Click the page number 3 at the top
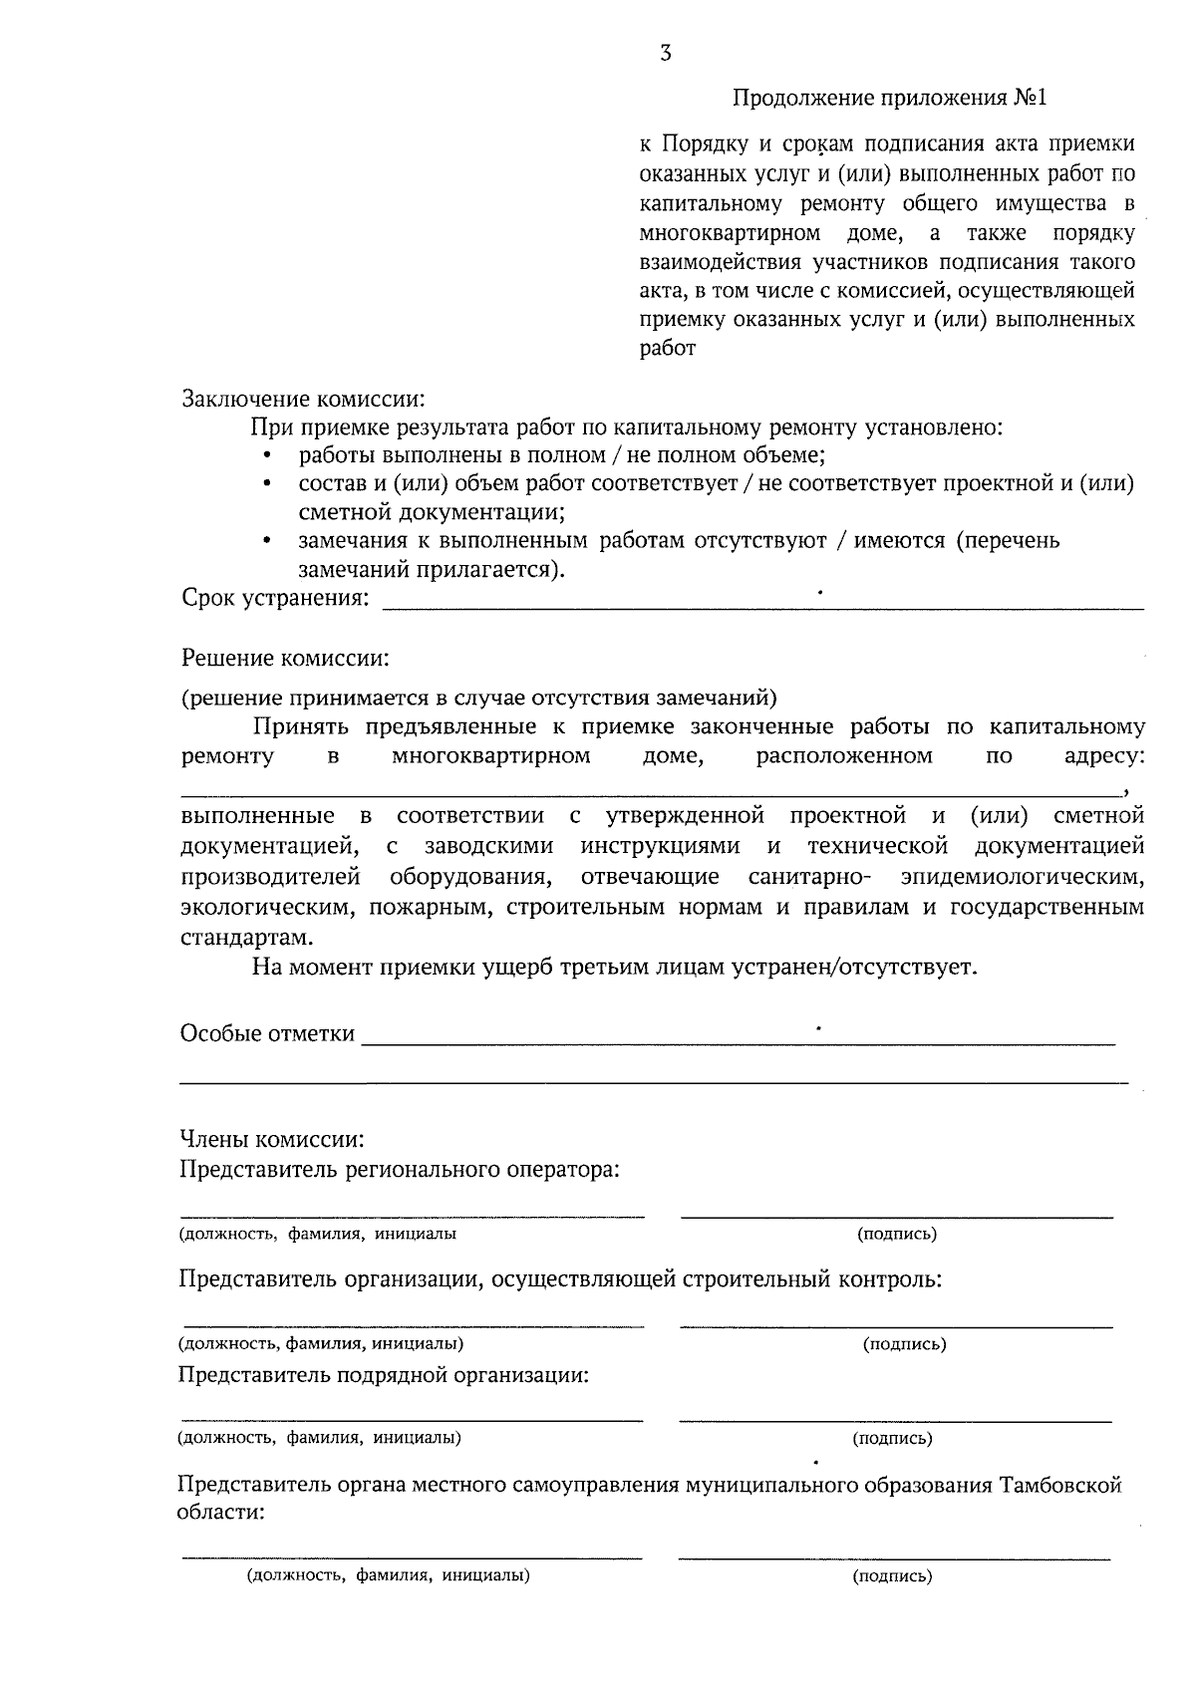point(666,55)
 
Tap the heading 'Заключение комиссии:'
point(303,399)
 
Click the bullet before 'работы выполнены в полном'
point(267,456)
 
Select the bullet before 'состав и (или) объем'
point(267,485)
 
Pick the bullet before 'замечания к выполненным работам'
point(267,542)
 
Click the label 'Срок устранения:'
point(274,598)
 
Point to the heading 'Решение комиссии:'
point(284,659)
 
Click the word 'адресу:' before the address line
point(1104,756)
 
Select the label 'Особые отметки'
point(267,1033)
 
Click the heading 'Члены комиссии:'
point(272,1139)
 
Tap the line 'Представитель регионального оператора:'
point(400,1169)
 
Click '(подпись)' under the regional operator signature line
point(897,1234)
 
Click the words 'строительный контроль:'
point(811,1279)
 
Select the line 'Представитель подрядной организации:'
point(384,1376)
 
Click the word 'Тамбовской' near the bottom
point(1061,1486)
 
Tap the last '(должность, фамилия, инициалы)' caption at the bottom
point(388,1576)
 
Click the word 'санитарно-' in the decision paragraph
point(810,877)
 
